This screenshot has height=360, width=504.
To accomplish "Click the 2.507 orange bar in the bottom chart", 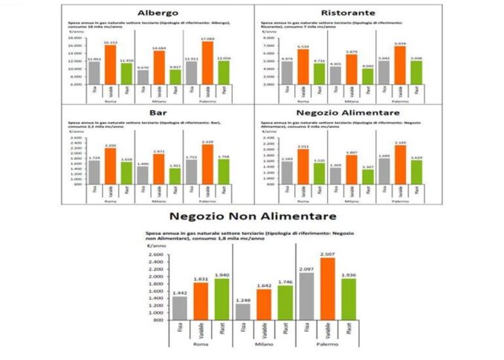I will pos(328,289).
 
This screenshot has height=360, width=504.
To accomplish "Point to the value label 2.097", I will pos(306,269).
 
